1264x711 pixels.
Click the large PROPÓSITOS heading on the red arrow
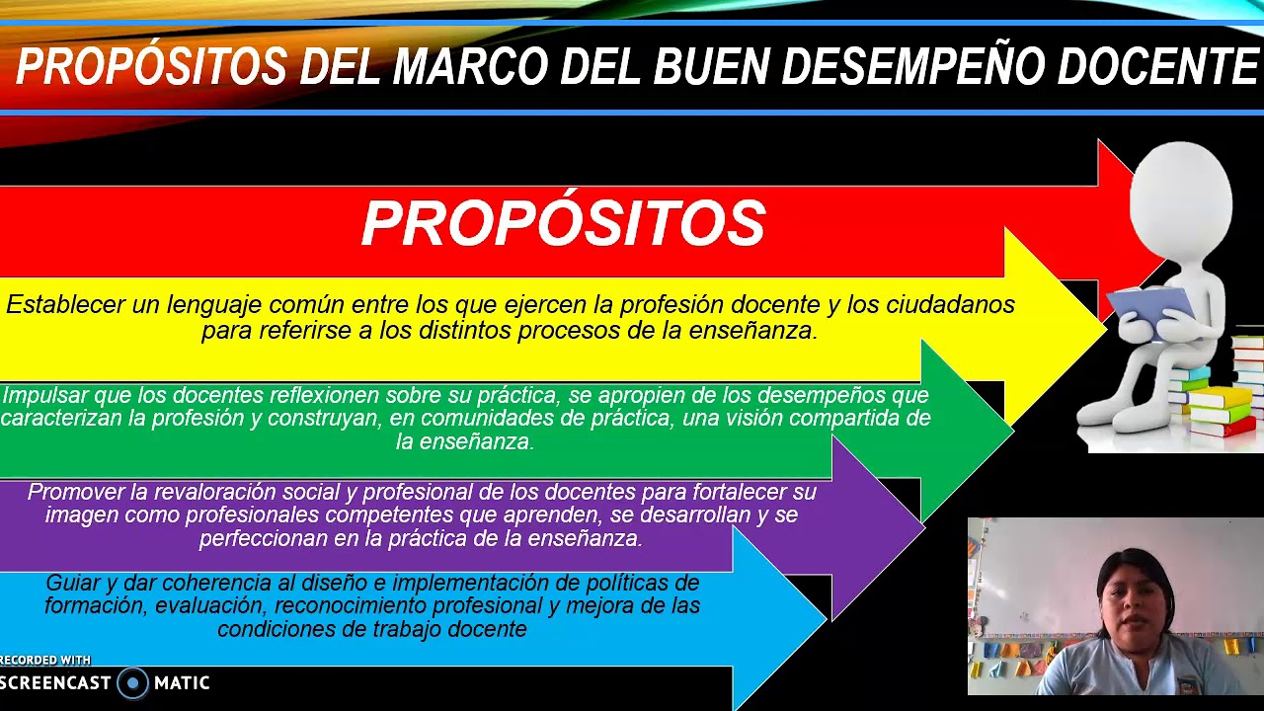(563, 224)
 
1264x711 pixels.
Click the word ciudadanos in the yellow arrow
(950, 305)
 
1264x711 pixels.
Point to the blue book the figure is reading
(1151, 303)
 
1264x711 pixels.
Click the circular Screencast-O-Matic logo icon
(132, 682)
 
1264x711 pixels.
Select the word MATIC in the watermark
(182, 682)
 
